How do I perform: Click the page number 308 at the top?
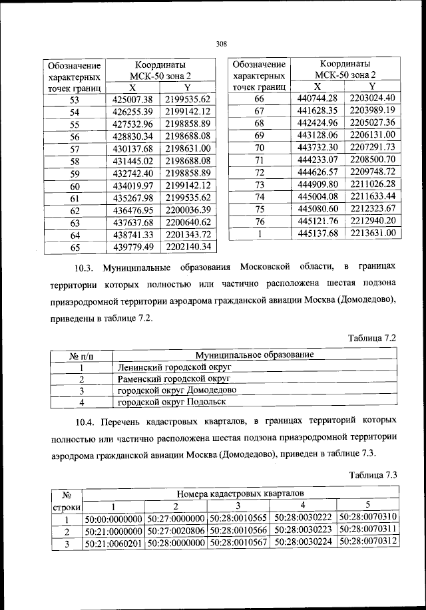click(222, 44)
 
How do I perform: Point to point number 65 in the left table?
click(75, 247)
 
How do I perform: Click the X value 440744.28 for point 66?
click(317, 98)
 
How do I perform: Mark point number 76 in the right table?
click(260, 221)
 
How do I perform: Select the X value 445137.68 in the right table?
click(317, 233)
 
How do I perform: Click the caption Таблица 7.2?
click(372, 338)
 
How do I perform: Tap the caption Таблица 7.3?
click(372, 474)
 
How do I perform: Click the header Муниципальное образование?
click(255, 355)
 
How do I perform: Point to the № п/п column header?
click(80, 355)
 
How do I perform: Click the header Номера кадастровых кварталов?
click(240, 494)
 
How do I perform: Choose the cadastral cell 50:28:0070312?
click(367, 542)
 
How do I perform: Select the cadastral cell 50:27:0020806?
click(176, 531)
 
